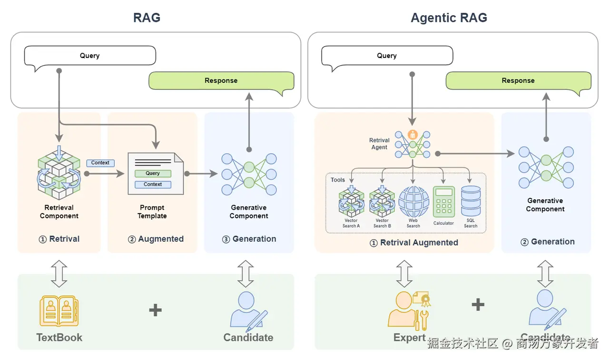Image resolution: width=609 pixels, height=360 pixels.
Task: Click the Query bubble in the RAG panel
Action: (90, 56)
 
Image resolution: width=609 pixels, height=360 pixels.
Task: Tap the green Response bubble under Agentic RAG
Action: (518, 81)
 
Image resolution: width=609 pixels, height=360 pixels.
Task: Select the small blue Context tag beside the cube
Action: (100, 163)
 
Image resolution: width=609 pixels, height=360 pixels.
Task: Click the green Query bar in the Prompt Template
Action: (153, 174)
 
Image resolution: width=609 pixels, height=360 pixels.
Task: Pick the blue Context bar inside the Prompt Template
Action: (153, 185)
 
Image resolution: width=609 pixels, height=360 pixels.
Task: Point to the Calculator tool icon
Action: (443, 202)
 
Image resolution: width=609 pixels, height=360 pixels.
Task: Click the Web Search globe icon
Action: (413, 202)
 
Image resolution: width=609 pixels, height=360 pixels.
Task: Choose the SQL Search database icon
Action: (471, 201)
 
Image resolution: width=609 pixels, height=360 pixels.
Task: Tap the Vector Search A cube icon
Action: (352, 202)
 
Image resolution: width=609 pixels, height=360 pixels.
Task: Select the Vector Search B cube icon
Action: (382, 202)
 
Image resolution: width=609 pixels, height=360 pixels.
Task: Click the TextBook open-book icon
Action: (59, 311)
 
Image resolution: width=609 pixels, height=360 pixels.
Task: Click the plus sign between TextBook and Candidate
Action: (155, 311)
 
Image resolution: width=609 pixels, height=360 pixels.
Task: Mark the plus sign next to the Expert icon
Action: (478, 305)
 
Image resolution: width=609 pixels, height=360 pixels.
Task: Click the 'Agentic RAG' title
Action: (449, 18)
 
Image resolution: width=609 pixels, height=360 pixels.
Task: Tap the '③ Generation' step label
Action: (249, 239)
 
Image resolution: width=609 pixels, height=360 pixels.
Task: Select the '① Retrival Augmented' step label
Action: (414, 243)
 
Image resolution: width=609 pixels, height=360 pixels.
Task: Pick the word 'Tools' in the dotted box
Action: (338, 180)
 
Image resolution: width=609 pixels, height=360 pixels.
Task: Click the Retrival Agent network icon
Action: (413, 144)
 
